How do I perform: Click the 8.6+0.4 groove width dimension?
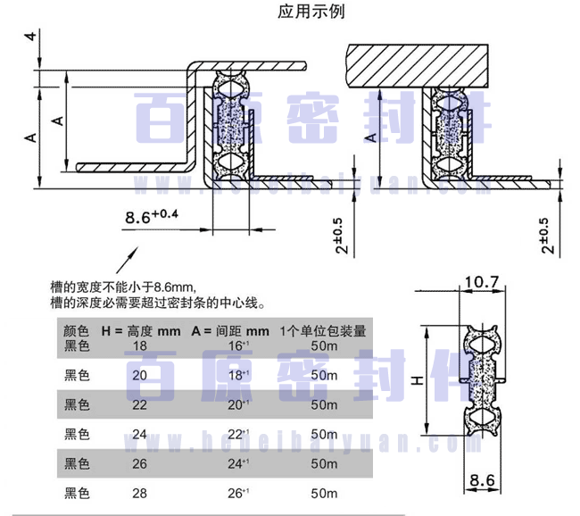(152, 216)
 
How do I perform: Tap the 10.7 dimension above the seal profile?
(482, 283)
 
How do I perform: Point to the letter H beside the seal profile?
(417, 381)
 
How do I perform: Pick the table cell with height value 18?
(140, 345)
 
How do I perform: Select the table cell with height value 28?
(140, 492)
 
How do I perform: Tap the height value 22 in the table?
(140, 404)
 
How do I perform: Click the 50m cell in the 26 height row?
(324, 463)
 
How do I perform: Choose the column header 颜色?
(78, 330)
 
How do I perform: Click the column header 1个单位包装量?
(322, 330)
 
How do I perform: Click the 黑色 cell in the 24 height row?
(78, 434)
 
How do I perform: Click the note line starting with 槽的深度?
(157, 303)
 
